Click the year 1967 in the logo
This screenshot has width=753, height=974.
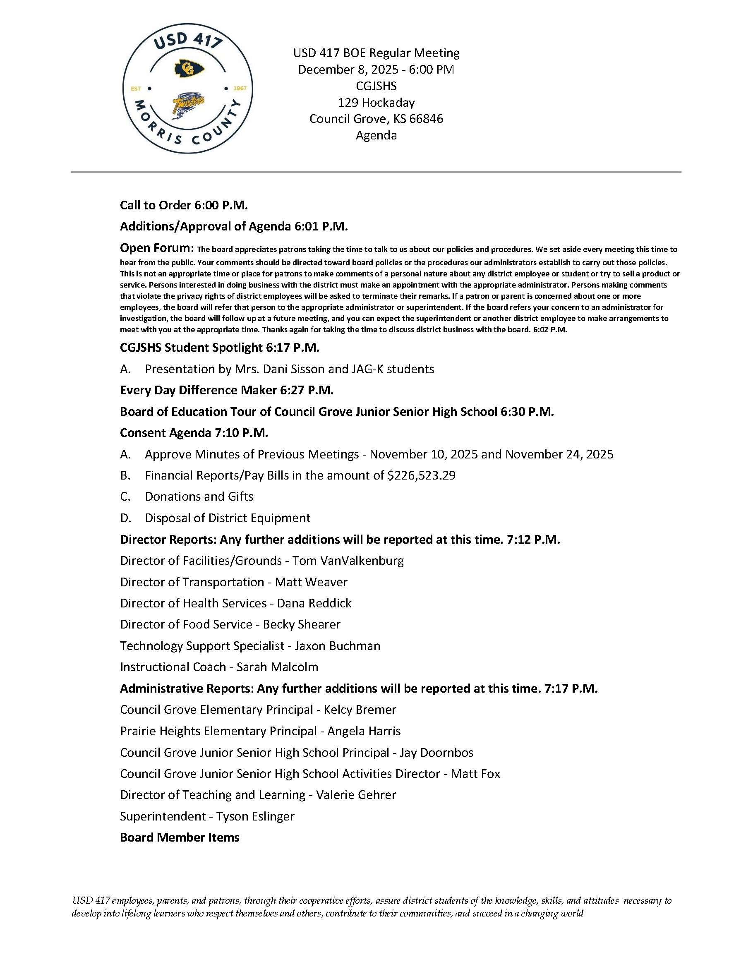[x=240, y=88]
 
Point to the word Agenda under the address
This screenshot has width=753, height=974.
[x=376, y=135]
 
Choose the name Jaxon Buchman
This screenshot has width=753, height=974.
[x=338, y=646]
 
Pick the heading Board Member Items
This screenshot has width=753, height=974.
[x=180, y=837]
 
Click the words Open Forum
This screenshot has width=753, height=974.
[x=156, y=248]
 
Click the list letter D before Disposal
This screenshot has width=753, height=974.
[x=125, y=518]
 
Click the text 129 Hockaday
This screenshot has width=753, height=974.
[x=376, y=103]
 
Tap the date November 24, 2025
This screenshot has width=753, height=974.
[x=559, y=454]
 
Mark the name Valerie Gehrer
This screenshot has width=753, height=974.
[x=356, y=795]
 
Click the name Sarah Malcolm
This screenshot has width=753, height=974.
[x=277, y=667]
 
